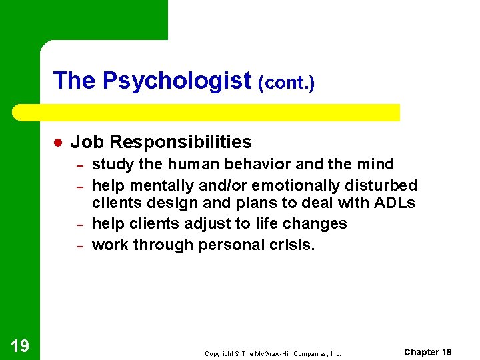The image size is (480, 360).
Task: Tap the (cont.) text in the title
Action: pos(287,83)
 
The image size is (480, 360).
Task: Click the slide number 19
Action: pos(20,345)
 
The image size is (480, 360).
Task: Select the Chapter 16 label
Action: pos(428,352)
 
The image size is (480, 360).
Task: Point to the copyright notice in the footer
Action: pos(273,353)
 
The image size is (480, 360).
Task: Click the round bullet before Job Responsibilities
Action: pos(57,143)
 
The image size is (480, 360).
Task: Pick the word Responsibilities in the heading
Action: pos(181,142)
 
